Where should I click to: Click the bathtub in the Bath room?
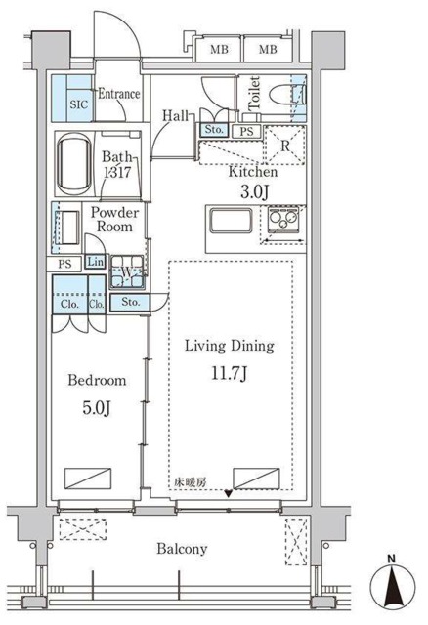75,163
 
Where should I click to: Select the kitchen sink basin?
232,220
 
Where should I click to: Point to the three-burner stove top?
284,219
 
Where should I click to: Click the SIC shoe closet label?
78,104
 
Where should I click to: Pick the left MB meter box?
220,50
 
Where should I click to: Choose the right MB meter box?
268,50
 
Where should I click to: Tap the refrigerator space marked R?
285,146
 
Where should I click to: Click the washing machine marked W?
126,271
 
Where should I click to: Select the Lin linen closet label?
96,262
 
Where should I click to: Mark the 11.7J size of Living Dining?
230,374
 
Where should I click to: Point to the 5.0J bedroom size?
97,408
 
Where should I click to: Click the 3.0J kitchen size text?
254,192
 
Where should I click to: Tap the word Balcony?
182,549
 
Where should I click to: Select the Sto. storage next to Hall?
214,130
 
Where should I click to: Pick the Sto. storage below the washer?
130,302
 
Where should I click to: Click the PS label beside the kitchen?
246,132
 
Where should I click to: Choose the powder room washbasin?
67,228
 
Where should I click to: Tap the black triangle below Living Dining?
228,494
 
